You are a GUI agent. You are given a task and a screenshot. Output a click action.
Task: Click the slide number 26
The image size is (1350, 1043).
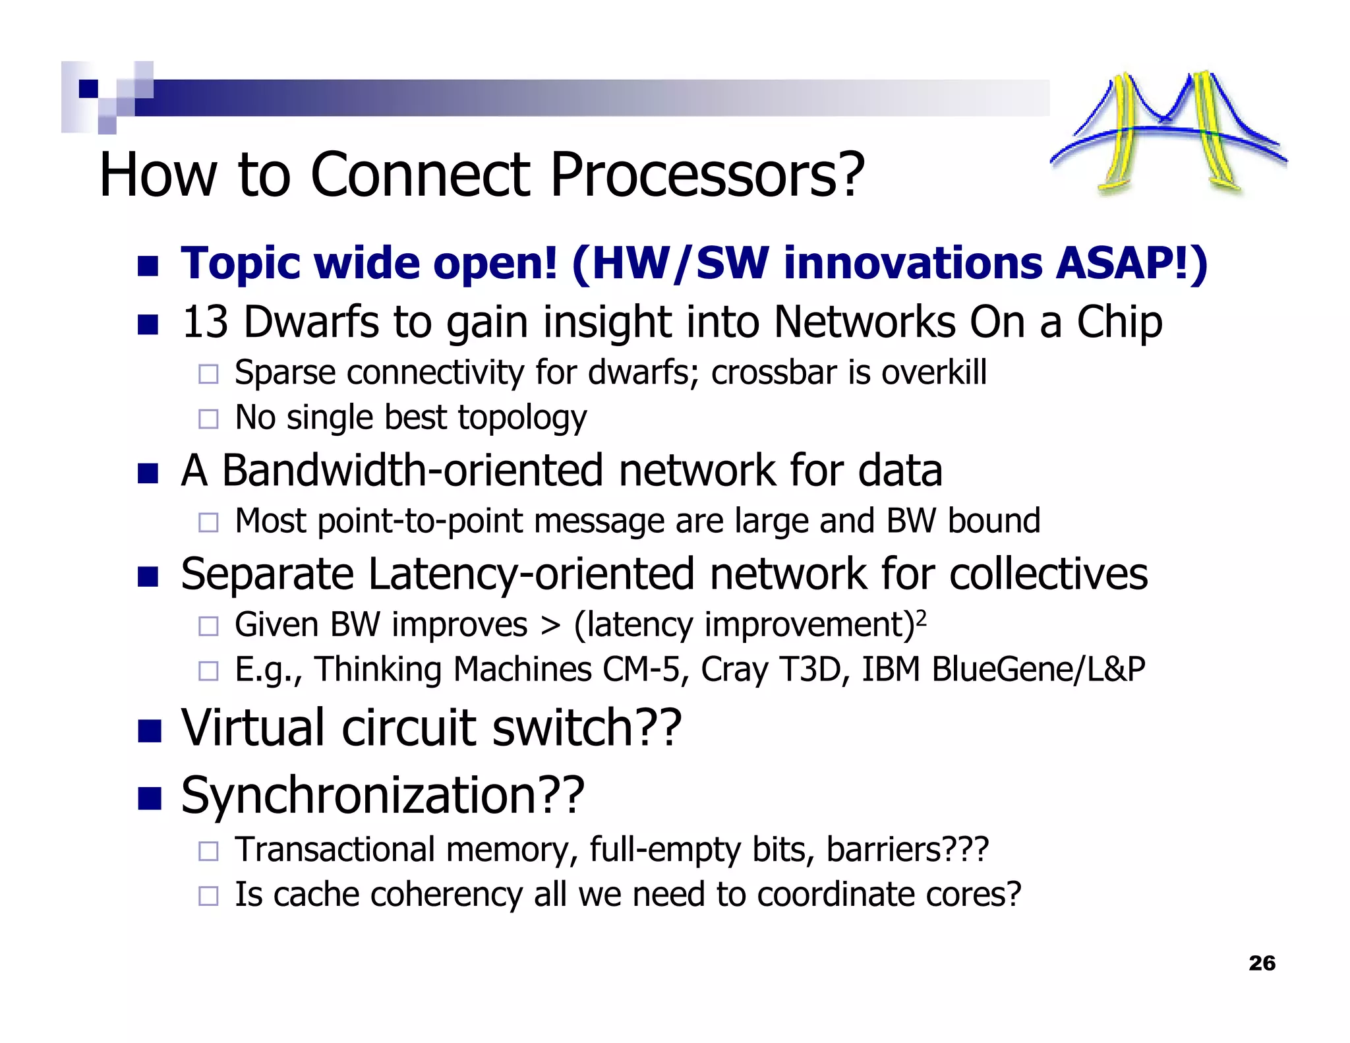coord(1262,963)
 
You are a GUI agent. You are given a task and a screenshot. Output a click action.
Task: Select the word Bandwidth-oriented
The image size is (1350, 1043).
coord(413,471)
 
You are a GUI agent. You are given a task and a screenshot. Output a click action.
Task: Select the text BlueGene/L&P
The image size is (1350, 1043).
coord(1038,670)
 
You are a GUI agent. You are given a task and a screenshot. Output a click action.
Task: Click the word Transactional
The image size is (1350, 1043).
coord(335,850)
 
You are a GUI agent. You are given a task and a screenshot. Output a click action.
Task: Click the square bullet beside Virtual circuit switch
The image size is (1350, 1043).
coord(150,730)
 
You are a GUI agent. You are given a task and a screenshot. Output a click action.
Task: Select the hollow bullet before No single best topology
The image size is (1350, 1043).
coord(208,419)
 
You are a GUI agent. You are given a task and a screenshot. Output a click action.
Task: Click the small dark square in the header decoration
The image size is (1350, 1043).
coord(88,88)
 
